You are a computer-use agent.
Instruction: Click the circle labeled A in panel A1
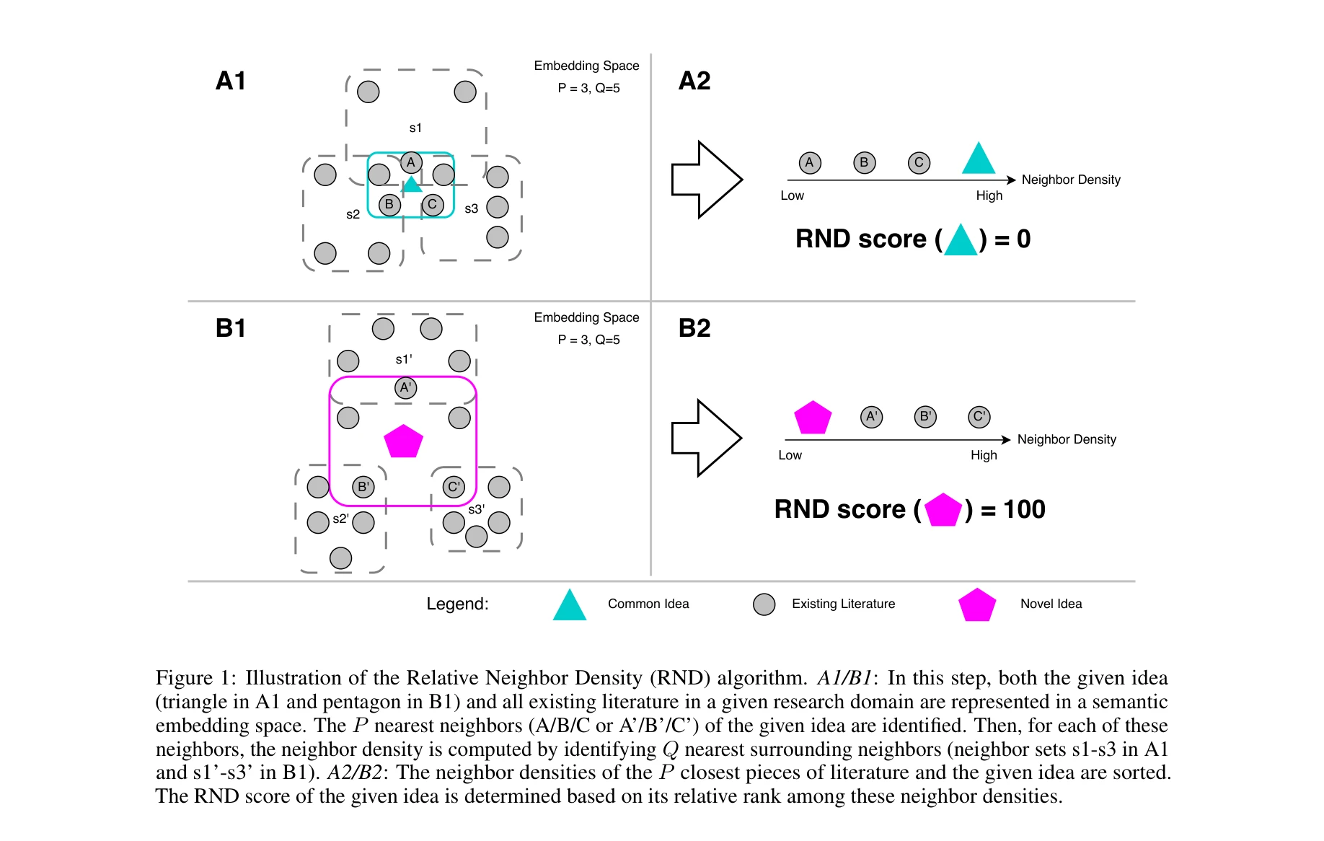point(411,162)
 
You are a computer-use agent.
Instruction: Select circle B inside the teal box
point(389,205)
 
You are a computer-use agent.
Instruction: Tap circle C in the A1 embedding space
point(433,205)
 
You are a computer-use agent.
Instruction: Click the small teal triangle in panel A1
point(412,185)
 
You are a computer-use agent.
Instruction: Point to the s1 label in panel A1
point(415,128)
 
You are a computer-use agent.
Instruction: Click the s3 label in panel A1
point(471,209)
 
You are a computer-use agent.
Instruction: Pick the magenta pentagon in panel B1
point(403,441)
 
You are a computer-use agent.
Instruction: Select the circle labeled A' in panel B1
point(406,388)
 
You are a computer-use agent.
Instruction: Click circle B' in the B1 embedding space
point(363,487)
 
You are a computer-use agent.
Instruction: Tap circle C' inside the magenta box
point(454,487)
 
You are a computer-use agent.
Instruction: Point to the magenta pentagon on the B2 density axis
point(813,418)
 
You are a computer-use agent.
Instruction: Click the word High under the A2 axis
point(989,195)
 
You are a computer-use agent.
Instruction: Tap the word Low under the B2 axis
point(790,455)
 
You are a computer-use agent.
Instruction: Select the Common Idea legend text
point(648,604)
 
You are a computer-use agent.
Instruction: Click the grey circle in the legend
point(764,604)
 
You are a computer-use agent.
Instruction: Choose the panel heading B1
point(231,328)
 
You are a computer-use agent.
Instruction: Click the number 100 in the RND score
point(1024,509)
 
